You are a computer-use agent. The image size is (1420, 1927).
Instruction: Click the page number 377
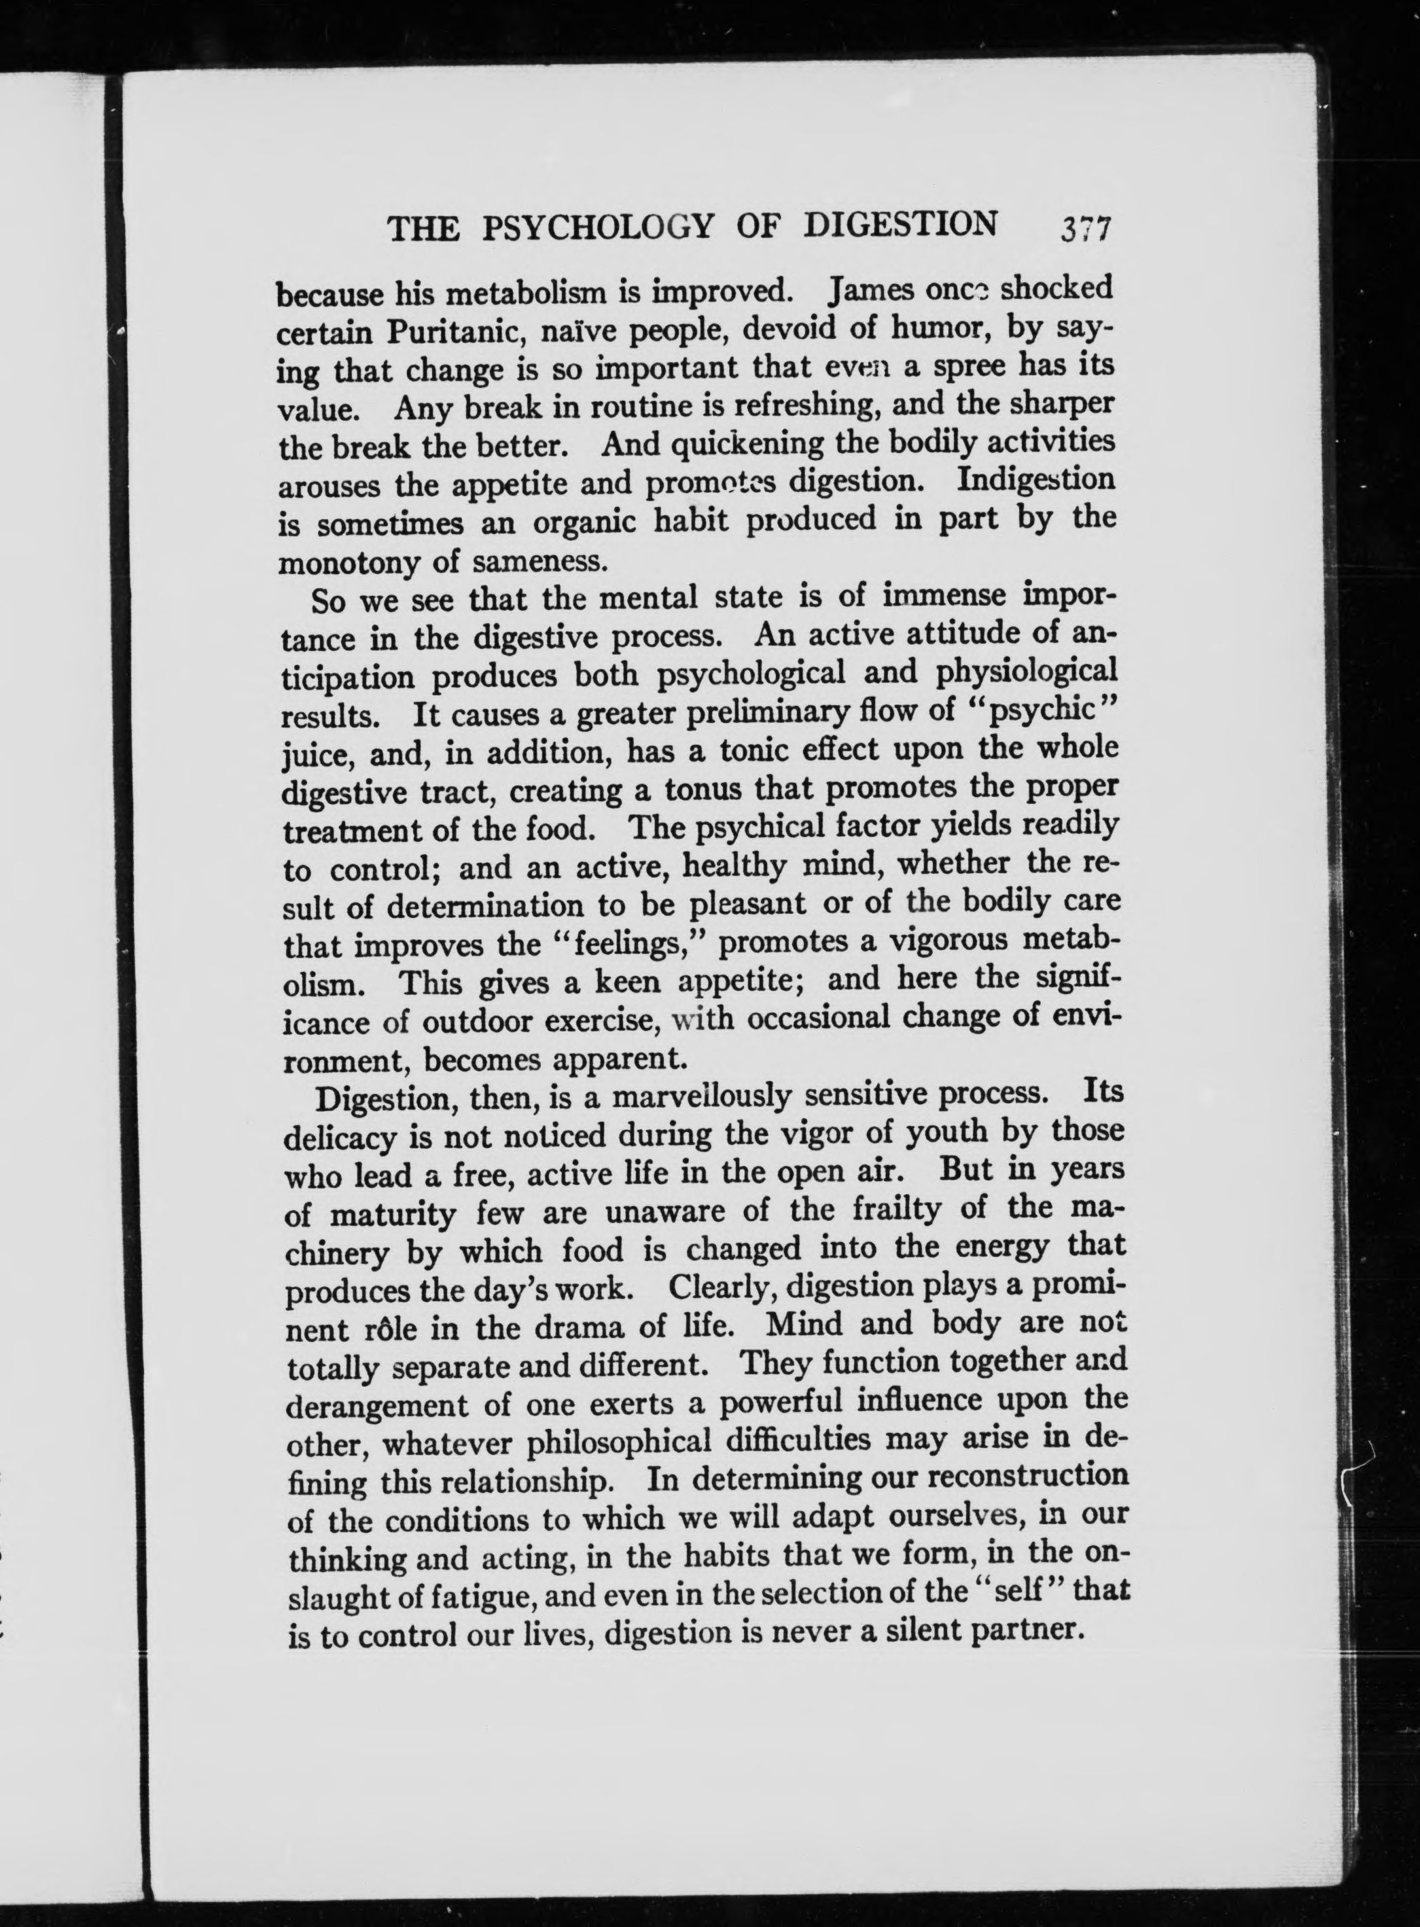point(1086,230)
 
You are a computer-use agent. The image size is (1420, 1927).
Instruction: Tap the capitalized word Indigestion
point(1035,480)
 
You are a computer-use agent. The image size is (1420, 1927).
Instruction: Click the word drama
point(580,1327)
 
